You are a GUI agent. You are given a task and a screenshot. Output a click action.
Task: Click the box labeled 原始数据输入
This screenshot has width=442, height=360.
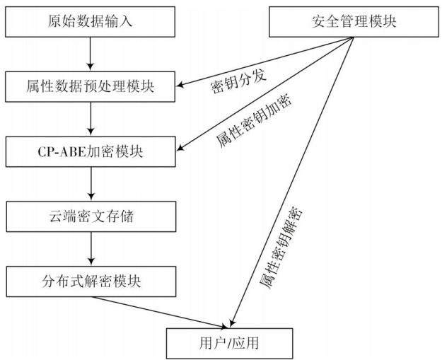pyautogui.click(x=91, y=22)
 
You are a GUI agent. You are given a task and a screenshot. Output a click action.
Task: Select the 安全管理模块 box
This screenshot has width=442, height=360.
pyautogui.click(x=354, y=22)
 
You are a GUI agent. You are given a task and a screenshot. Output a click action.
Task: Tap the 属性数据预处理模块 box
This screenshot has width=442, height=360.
pyautogui.click(x=91, y=86)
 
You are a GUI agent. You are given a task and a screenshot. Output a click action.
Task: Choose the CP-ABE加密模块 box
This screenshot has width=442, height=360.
pyautogui.click(x=91, y=151)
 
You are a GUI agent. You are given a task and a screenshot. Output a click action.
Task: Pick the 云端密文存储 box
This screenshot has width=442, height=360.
pyautogui.click(x=91, y=216)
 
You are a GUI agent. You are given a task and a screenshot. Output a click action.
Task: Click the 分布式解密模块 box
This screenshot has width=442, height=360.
pyautogui.click(x=91, y=281)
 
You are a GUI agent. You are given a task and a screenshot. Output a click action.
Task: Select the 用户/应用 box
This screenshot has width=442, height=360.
pyautogui.click(x=229, y=343)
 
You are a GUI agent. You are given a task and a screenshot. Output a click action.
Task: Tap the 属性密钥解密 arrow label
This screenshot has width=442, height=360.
pyautogui.click(x=281, y=248)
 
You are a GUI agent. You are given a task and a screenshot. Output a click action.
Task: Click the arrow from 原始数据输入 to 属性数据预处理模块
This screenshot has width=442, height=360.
pyautogui.click(x=91, y=54)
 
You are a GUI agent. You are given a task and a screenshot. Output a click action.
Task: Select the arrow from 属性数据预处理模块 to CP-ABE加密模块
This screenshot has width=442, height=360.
pyautogui.click(x=91, y=119)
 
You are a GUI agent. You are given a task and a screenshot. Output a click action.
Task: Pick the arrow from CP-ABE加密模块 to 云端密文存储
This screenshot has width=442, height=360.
pyautogui.click(x=91, y=184)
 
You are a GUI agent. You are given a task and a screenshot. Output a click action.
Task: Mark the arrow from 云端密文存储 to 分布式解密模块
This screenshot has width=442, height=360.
pyautogui.click(x=91, y=249)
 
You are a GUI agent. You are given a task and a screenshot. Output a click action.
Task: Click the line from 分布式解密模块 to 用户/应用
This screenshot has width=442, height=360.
pyautogui.click(x=160, y=313)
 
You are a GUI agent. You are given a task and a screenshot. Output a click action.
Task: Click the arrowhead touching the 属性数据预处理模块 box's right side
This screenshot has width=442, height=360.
pyautogui.click(x=180, y=85)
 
